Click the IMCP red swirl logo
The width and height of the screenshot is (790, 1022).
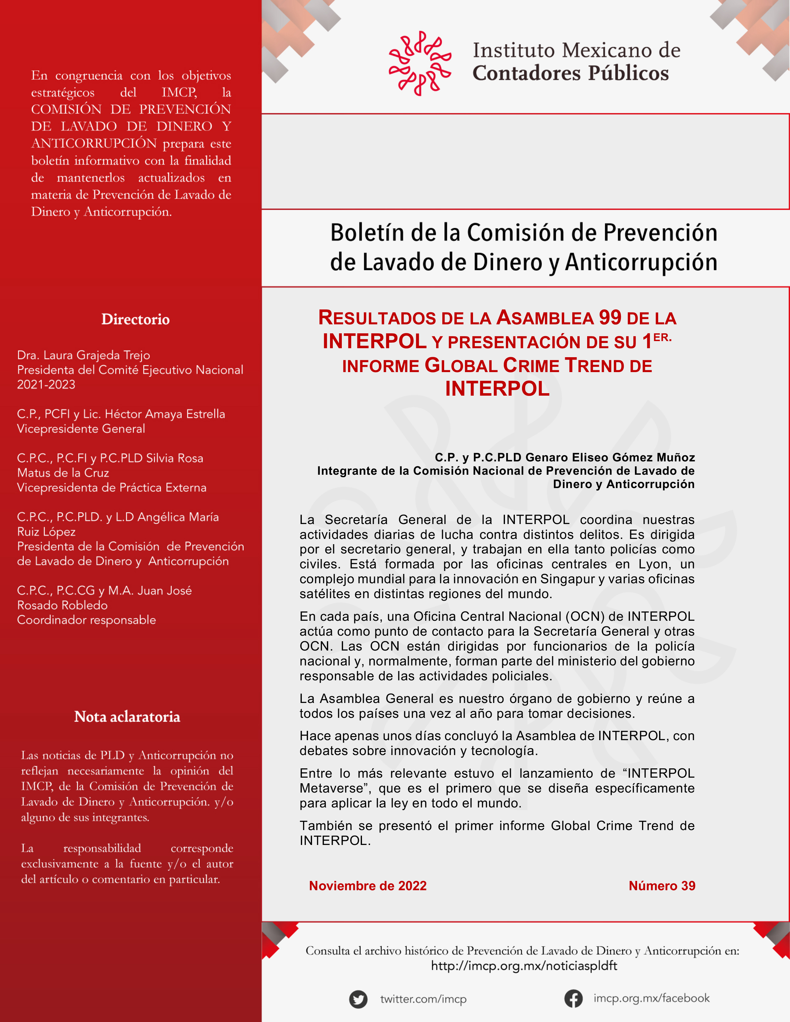pyautogui.click(x=420, y=64)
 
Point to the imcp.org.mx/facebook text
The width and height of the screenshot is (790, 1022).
pyautogui.click(x=651, y=998)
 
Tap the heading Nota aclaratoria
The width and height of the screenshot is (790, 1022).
pyautogui.click(x=127, y=717)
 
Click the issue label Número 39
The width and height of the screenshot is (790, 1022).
pyautogui.click(x=662, y=886)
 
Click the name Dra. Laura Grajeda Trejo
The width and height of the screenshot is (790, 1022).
pyautogui.click(x=83, y=355)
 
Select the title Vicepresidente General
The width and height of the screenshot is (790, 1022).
pyautogui.click(x=81, y=429)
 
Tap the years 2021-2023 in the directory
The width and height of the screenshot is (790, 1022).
pyautogui.click(x=46, y=385)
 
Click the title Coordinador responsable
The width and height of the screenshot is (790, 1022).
pyautogui.click(x=87, y=620)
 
